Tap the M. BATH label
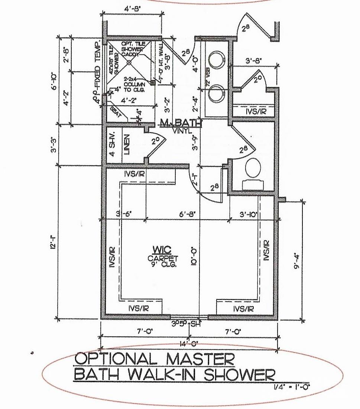click(x=181, y=123)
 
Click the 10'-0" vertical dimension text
click(x=194, y=256)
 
